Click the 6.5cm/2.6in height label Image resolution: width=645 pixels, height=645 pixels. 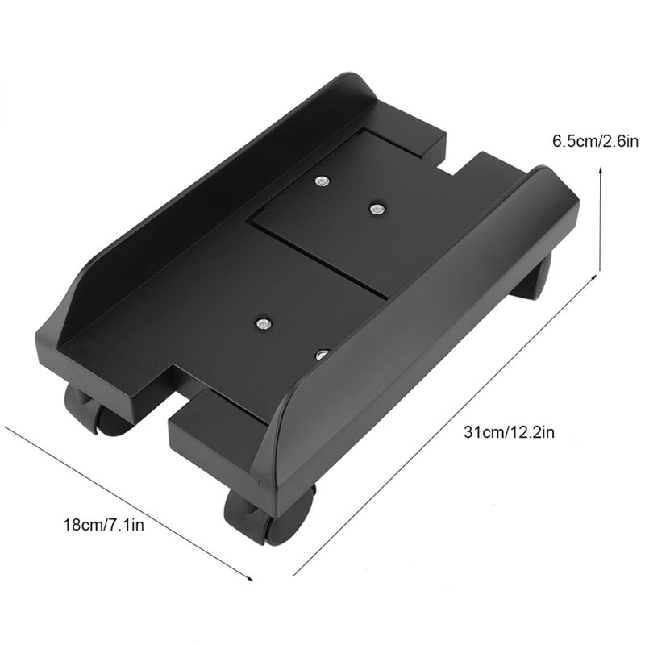595,142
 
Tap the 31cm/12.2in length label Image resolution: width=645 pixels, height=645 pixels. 510,432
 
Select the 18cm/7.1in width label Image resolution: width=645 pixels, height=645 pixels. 104,525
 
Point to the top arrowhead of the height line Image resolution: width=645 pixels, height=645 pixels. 601,172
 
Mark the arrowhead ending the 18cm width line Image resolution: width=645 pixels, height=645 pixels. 249,577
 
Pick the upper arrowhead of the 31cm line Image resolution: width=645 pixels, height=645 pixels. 593,278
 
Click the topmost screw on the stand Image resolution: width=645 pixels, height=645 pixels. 322,181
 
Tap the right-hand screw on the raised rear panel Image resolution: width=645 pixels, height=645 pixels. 376,210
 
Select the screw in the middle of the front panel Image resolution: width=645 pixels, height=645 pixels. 263,325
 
